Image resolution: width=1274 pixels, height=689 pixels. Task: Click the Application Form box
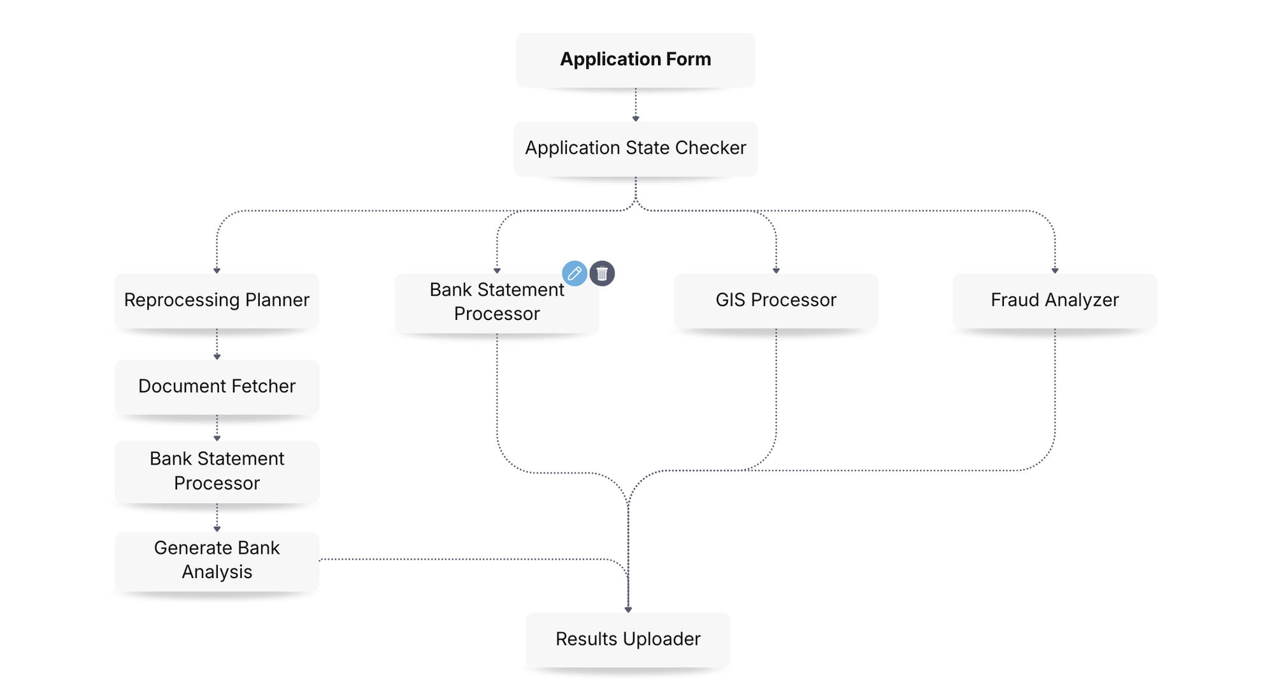point(635,60)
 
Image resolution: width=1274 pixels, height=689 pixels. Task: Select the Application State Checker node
point(635,149)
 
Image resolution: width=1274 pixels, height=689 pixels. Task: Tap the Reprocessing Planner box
point(217,300)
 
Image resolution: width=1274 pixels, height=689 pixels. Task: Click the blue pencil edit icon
point(574,273)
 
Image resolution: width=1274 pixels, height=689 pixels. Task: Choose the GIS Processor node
point(775,300)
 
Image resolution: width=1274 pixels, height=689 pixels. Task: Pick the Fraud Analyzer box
point(1054,300)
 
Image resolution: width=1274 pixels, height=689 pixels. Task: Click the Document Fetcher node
point(217,386)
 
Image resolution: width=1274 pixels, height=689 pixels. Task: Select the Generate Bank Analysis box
point(217,560)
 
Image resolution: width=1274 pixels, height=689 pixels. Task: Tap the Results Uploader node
point(627,639)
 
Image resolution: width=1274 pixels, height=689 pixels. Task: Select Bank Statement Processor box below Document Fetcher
point(217,471)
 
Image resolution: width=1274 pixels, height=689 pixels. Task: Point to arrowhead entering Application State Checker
point(635,119)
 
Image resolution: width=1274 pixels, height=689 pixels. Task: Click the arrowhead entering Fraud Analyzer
point(1055,271)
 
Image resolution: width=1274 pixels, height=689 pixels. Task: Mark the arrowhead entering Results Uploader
point(628,610)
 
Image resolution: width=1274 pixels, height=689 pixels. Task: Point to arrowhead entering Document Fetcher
point(217,357)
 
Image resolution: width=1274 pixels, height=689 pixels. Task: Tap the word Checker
point(710,148)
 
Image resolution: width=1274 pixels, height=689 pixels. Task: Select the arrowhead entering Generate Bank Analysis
point(217,529)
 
